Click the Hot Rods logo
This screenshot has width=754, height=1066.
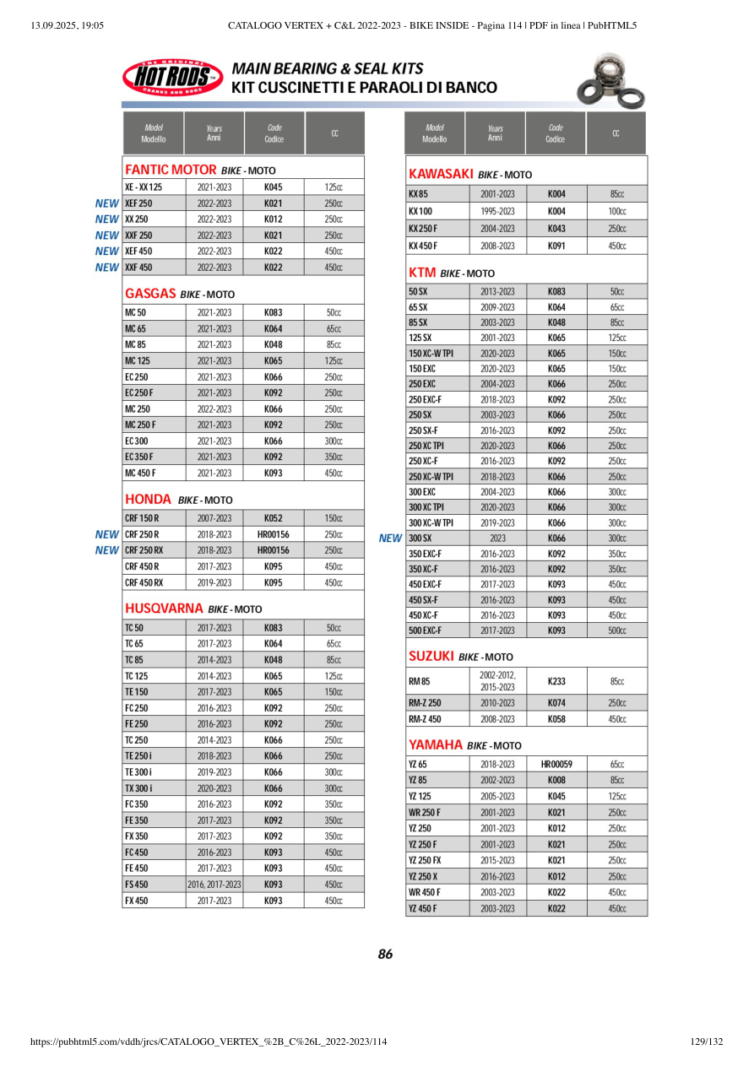tap(172, 78)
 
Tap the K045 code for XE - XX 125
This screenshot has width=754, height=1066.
tap(273, 187)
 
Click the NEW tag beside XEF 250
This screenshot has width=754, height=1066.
tap(107, 203)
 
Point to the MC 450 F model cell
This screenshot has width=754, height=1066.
tap(140, 473)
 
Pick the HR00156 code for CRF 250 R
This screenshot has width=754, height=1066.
tap(273, 534)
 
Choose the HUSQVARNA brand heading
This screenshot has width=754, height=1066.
tap(164, 608)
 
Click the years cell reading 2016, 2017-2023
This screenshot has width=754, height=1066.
tap(214, 885)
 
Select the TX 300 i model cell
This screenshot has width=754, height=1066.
tap(139, 788)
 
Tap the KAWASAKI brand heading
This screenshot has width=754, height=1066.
tap(440, 174)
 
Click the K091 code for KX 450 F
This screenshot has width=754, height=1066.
tap(556, 246)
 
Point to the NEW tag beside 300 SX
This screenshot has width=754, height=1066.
tap(390, 538)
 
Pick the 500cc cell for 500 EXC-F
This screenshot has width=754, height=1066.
tap(617, 630)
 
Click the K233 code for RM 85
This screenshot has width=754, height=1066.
tap(556, 680)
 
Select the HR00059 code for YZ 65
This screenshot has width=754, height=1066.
tap(556, 764)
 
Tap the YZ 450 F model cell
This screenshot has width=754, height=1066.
tap(423, 908)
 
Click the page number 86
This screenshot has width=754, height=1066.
tap(385, 955)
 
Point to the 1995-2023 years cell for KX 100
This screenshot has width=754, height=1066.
tap(497, 211)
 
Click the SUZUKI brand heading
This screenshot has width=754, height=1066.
tap(431, 656)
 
